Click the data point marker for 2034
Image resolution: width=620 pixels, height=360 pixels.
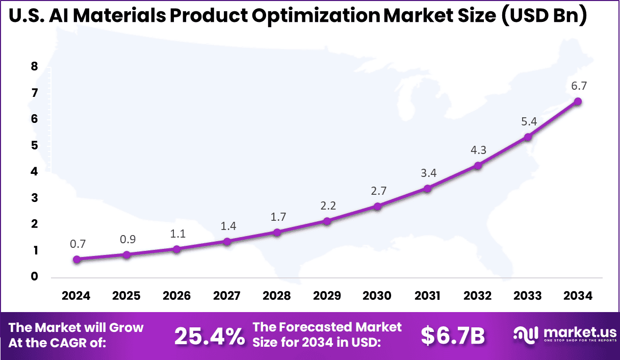tap(578, 101)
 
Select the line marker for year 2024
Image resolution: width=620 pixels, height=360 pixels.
tap(76, 259)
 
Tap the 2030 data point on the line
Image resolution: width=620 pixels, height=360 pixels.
tap(377, 207)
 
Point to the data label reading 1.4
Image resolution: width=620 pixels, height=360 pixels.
tap(227, 226)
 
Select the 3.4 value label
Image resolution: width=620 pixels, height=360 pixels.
tap(427, 173)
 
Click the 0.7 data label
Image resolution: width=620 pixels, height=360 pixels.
tap(77, 244)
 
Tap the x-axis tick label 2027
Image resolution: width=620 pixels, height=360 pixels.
tap(227, 296)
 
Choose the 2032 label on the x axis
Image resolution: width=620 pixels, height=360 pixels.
tap(478, 296)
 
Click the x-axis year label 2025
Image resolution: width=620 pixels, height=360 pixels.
tap(126, 296)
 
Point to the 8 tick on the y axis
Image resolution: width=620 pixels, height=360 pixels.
tap(34, 66)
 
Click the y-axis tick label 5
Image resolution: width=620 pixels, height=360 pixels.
tap(34, 145)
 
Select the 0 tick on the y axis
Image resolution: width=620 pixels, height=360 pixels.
tap(34, 277)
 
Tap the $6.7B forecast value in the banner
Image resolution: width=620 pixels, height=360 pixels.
tap(453, 336)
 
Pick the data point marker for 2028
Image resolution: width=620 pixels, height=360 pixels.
tap(277, 233)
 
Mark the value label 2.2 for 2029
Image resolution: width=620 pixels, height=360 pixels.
tap(327, 206)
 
